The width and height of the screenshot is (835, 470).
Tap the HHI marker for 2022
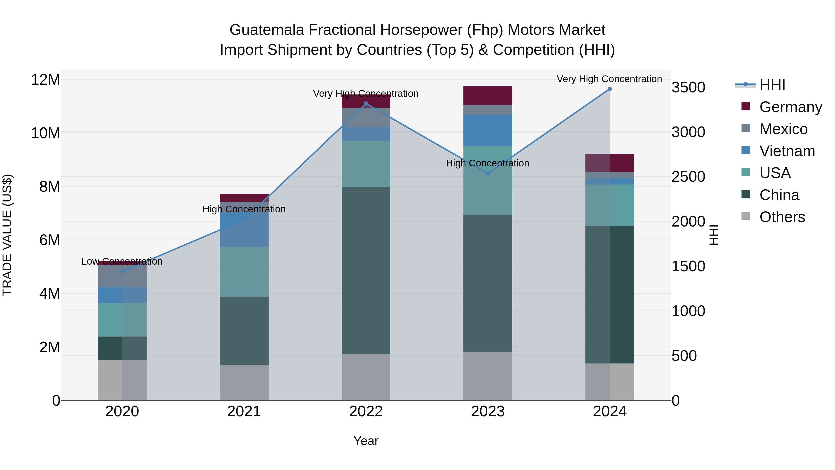coord(366,104)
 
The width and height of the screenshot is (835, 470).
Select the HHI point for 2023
coord(488,174)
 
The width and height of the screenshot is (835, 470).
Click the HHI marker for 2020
coord(122,272)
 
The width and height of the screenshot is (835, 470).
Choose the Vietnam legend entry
coord(787,151)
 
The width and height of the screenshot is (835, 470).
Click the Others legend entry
coord(782,217)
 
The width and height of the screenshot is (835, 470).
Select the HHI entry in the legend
coord(772,85)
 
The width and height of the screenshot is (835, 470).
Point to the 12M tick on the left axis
coord(45,80)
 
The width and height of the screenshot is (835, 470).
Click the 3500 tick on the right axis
coord(688,87)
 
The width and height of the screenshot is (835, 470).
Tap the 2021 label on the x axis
coord(244,411)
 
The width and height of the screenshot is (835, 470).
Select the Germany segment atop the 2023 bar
coord(488,95)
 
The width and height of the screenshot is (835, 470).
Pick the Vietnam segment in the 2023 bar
coord(488,130)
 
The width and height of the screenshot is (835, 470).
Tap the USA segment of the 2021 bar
coord(244,272)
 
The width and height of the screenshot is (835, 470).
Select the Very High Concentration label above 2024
coord(609,79)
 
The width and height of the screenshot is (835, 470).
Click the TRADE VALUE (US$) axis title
coord(7,235)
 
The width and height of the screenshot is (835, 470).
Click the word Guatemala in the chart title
coord(267,30)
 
